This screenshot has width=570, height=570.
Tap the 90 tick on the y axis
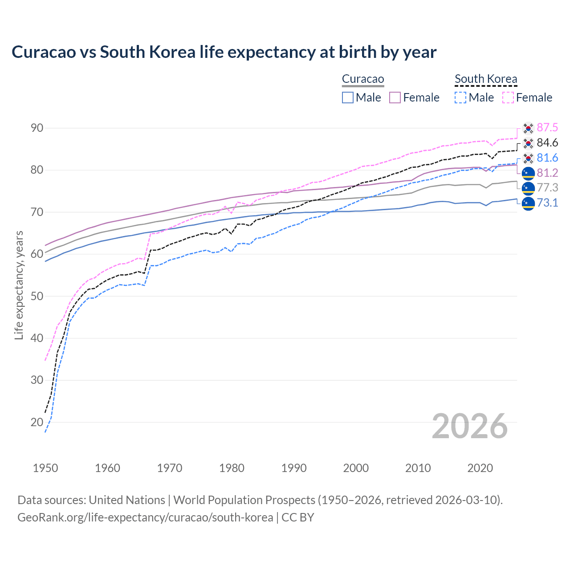tap(37, 128)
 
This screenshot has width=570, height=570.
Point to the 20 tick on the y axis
tap(37, 422)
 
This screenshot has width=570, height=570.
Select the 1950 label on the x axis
tap(45, 468)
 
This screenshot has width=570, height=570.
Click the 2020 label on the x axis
tap(480, 468)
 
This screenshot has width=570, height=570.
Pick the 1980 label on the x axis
tap(232, 468)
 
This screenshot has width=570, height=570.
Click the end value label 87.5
tap(547, 128)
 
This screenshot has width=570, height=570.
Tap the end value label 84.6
tap(547, 143)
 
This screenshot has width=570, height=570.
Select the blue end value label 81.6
tap(547, 158)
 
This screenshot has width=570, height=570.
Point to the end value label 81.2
tap(547, 173)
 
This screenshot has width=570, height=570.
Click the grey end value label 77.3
tap(547, 188)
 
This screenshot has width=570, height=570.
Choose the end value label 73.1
tap(547, 203)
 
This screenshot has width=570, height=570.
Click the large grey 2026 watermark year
tap(469, 426)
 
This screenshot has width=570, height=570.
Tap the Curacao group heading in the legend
tap(363, 79)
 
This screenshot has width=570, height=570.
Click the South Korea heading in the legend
tap(486, 79)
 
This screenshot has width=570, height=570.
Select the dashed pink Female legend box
tap(508, 98)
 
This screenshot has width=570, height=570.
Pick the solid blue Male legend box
tap(348, 98)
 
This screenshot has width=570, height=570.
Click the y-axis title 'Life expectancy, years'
tap(19, 285)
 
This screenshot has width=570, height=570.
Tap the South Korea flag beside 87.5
tap(528, 128)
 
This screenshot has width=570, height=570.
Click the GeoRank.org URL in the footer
tap(145, 517)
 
